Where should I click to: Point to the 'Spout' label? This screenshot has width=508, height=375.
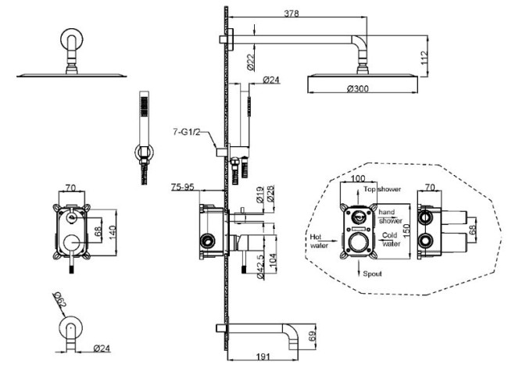click(370, 275)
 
